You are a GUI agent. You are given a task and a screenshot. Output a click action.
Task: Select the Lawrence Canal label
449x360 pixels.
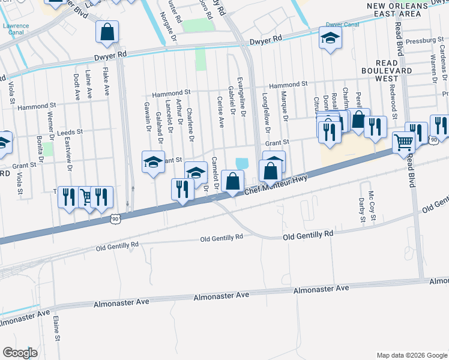pos(16,30)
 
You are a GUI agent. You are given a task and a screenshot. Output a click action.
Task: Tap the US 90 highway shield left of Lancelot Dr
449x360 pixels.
pos(115,220)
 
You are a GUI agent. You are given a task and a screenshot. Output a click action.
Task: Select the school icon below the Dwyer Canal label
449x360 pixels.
pos(329,39)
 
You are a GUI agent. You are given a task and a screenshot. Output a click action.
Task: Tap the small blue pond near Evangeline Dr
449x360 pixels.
pos(242,163)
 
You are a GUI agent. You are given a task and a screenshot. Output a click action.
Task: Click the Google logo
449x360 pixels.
pos(20,352)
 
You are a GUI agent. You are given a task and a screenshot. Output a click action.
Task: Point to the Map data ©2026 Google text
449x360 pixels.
pos(411,355)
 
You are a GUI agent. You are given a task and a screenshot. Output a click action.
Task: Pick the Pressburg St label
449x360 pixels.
pos(424,40)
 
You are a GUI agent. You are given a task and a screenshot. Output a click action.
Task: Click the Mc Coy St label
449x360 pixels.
pos(372,206)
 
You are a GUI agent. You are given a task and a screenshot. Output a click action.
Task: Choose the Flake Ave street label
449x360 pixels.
pos(106,83)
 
